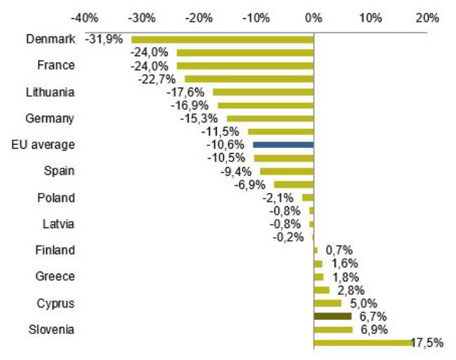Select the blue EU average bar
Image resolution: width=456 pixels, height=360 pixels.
(283, 144)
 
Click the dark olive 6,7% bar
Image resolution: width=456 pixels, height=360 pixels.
(333, 316)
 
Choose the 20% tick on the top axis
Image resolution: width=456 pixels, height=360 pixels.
(427, 16)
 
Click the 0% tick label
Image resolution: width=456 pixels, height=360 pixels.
(314, 16)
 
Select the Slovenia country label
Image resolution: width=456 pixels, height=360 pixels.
(53, 329)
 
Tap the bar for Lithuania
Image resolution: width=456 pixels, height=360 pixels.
(263, 92)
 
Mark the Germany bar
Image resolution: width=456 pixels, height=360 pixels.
(270, 118)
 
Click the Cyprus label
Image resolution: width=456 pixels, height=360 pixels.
(56, 303)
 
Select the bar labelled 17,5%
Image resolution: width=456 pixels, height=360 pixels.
(363, 342)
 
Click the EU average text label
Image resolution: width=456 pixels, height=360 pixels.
(43, 145)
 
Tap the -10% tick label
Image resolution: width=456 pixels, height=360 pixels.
(256, 16)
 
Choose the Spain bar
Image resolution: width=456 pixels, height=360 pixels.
(287, 171)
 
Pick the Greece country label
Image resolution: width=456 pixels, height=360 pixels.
(55, 276)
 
